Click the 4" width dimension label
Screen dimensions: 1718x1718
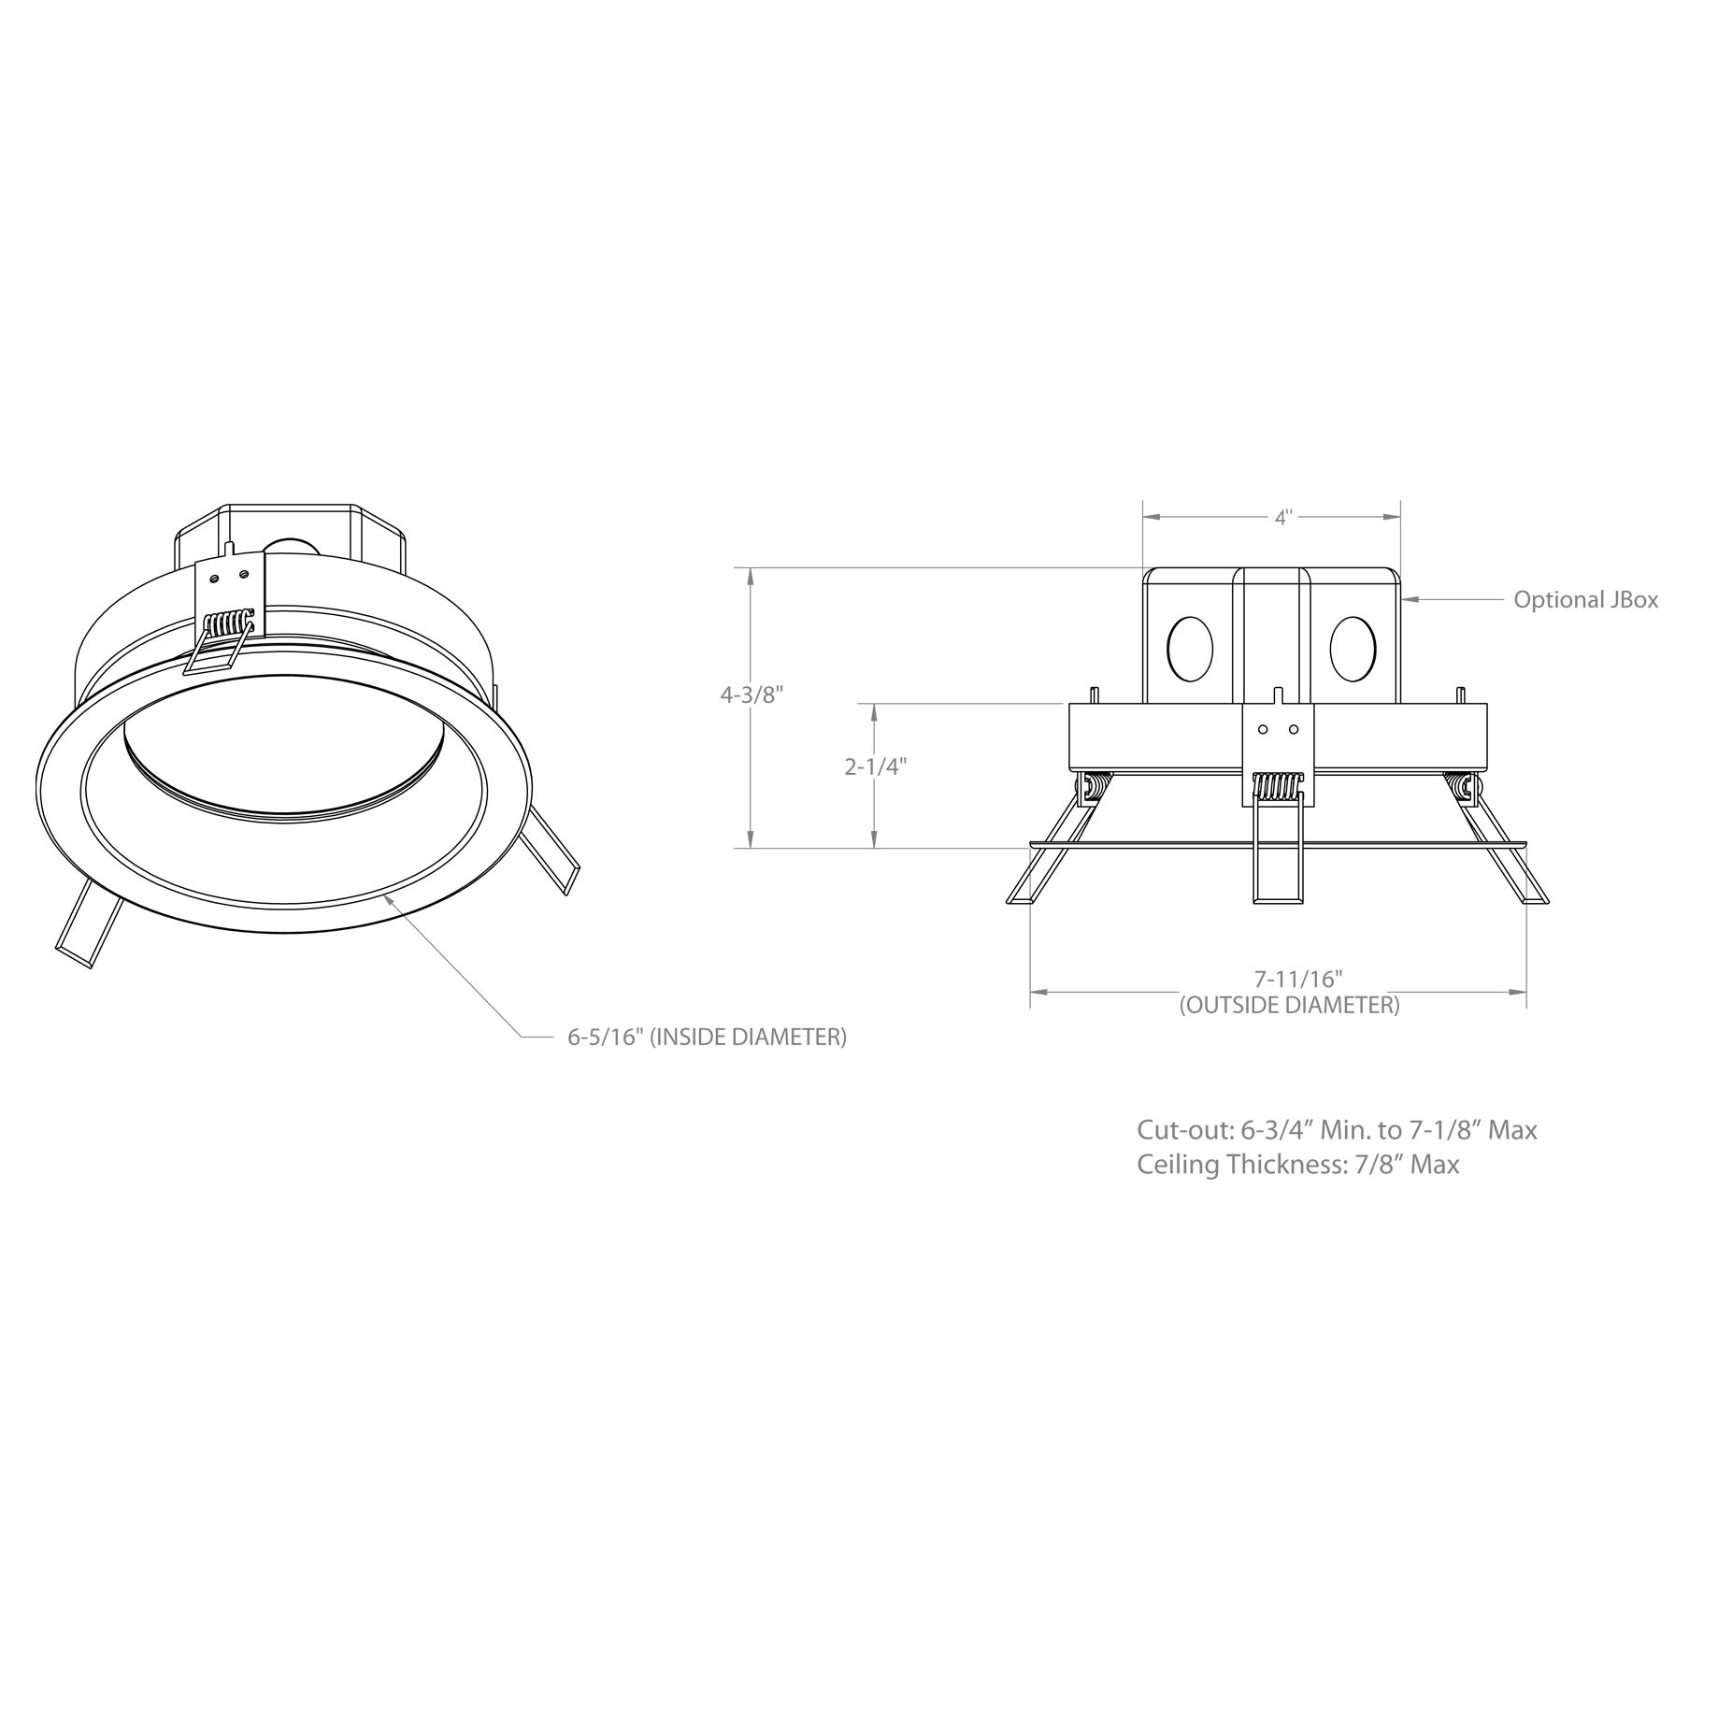click(x=1282, y=518)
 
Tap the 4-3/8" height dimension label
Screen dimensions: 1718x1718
click(x=751, y=694)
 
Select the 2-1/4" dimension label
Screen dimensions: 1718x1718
click(x=876, y=766)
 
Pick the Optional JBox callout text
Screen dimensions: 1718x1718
click(x=1586, y=599)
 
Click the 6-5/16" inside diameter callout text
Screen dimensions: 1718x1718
click(x=707, y=1037)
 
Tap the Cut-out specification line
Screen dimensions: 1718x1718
click(x=1337, y=1130)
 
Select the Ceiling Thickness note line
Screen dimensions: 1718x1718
click(x=1297, y=1165)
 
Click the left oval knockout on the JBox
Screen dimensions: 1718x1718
click(x=1191, y=648)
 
